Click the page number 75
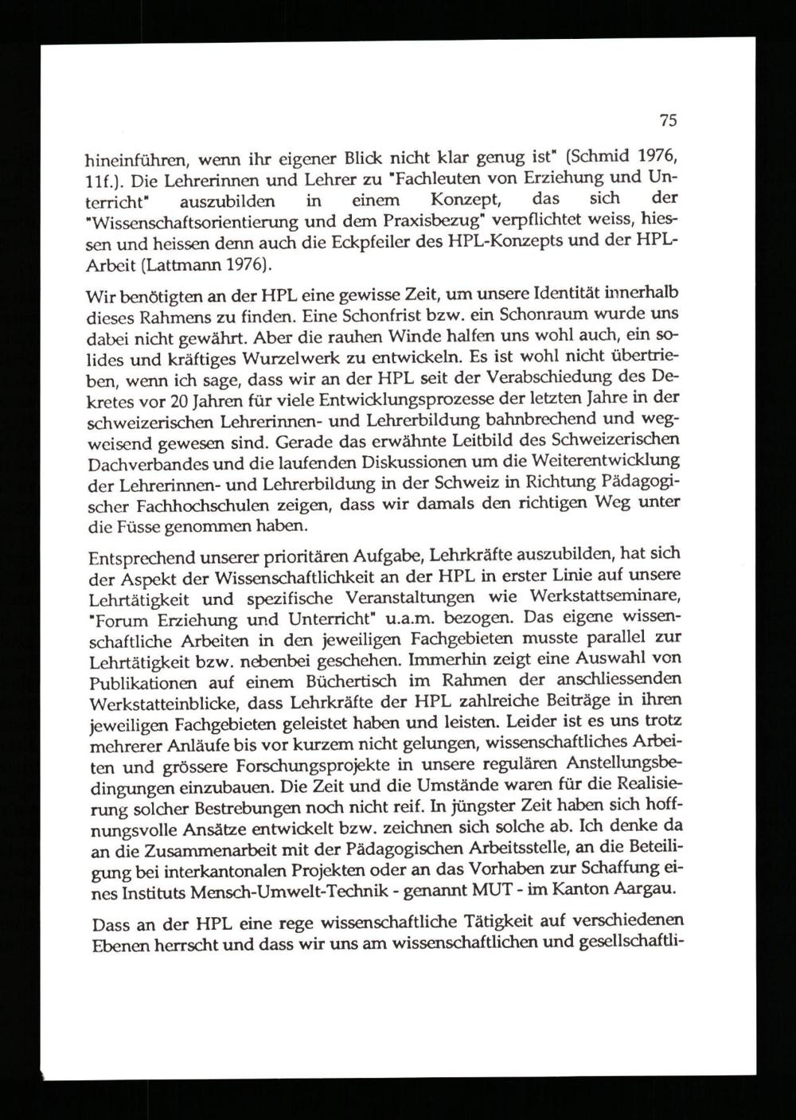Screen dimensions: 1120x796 668,121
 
